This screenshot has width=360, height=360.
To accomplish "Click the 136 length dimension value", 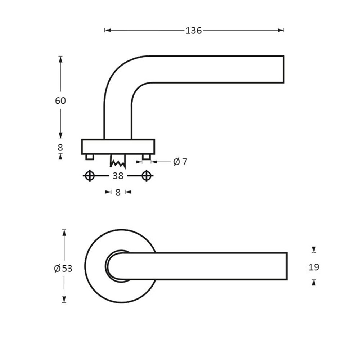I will (x=194, y=31).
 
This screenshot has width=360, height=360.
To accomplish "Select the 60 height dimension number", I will (x=60, y=101).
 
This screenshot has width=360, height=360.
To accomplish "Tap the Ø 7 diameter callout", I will (x=180, y=162).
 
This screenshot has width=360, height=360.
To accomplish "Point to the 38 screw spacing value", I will (x=118, y=176).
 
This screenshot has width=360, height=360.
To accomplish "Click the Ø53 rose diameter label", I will (x=63, y=269).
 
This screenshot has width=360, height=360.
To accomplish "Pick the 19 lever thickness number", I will (x=314, y=267).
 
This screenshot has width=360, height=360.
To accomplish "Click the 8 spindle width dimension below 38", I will (x=118, y=192).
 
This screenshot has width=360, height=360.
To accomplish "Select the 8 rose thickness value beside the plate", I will (x=60, y=148).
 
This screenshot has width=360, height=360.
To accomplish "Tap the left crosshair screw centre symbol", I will (x=89, y=176).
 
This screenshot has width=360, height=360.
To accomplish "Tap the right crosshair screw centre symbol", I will (x=146, y=176).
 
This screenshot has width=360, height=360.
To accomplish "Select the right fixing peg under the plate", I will (x=146, y=157).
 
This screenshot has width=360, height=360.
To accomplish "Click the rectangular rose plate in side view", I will (x=118, y=147).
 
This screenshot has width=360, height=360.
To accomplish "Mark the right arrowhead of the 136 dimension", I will (x=282, y=31).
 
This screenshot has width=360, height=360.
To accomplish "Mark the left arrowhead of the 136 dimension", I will (x=107, y=31).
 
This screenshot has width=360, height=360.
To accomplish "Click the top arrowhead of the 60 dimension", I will (x=60, y=59).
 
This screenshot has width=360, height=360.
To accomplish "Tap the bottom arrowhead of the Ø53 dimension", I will (x=64, y=300).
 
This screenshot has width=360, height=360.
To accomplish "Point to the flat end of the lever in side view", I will (x=283, y=69).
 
